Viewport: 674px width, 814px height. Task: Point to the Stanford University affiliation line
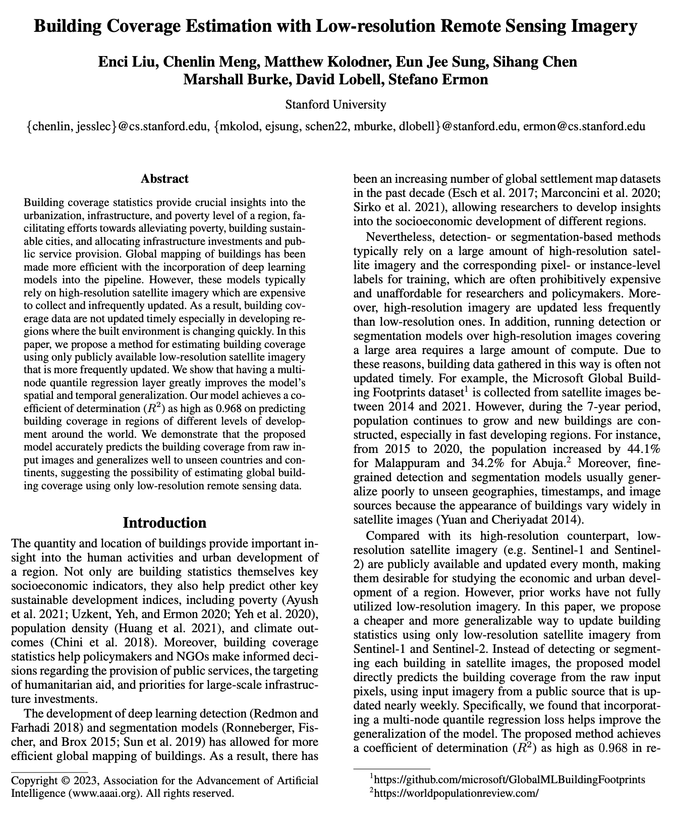tap(335, 105)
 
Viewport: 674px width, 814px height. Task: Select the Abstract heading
tap(164, 179)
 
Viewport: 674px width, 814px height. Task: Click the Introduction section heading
tap(164, 523)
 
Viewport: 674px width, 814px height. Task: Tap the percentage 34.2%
tap(494, 463)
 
